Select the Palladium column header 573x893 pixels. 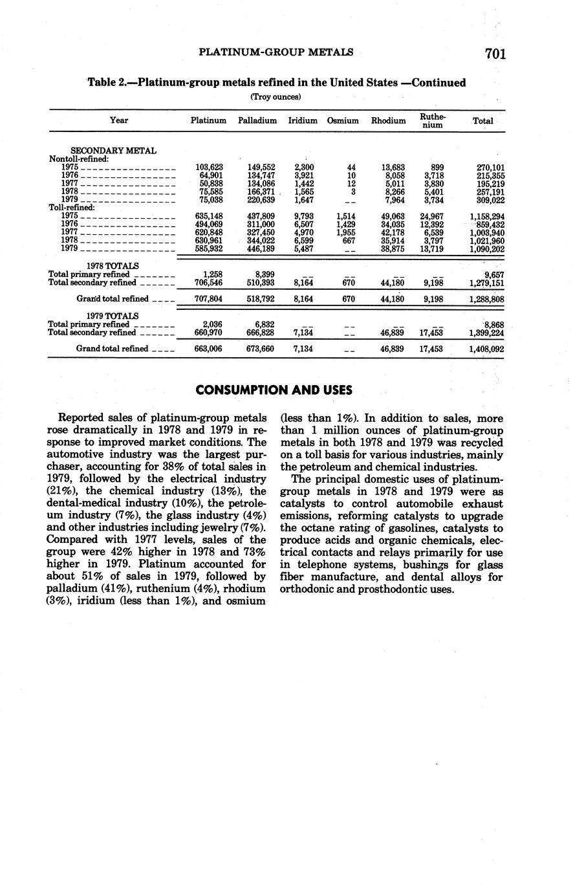[257, 120]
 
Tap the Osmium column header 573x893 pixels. [343, 120]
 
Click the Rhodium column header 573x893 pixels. [388, 120]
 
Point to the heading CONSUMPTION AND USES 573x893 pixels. [274, 390]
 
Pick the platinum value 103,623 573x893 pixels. [209, 168]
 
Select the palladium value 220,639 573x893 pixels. [261, 199]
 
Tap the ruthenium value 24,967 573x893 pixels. [431, 216]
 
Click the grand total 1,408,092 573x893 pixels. [486, 349]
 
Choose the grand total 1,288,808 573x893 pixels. [486, 300]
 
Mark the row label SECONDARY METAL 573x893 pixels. [113, 151]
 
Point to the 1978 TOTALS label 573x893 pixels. [113, 265]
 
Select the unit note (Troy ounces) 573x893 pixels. [276, 97]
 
